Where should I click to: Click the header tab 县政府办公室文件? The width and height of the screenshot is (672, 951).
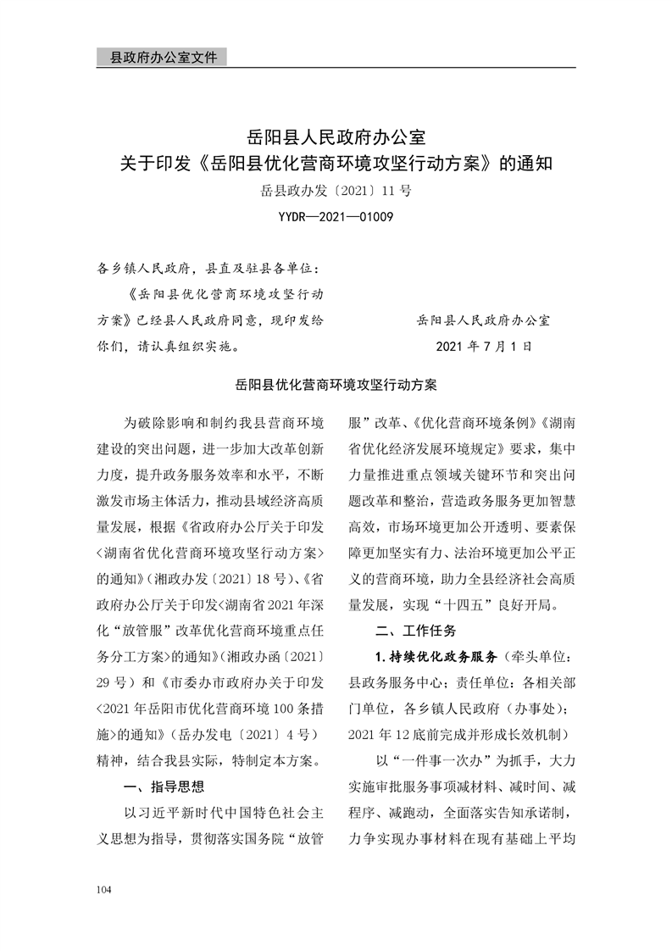click(158, 58)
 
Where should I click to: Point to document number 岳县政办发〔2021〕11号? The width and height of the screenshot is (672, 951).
click(336, 191)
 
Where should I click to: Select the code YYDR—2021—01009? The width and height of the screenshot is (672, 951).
click(336, 218)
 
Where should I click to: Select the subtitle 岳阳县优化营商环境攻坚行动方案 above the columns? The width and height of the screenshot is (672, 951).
click(336, 385)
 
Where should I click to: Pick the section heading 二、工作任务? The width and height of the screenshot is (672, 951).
click(416, 631)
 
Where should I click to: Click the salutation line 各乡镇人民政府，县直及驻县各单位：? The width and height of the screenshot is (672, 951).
click(208, 270)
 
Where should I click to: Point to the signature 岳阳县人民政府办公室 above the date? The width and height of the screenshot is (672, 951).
click(484, 321)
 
